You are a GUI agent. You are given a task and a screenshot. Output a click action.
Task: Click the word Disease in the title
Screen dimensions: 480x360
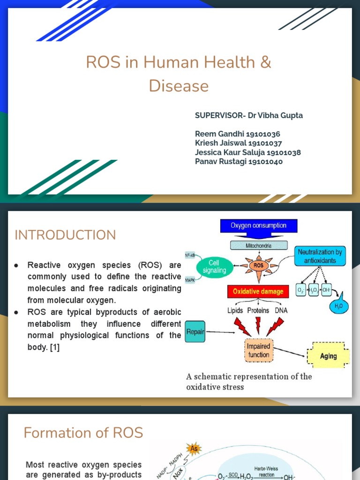(179, 86)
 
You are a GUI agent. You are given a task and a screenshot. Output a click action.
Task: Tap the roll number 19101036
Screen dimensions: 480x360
(264, 134)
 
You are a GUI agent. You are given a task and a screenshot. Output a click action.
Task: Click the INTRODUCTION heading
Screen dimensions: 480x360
(65, 235)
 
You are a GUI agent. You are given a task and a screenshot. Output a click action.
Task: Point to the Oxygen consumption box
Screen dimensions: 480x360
(258, 225)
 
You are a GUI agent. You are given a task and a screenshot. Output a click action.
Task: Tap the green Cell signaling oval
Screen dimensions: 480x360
(214, 266)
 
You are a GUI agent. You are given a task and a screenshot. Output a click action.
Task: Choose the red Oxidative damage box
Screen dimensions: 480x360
(258, 292)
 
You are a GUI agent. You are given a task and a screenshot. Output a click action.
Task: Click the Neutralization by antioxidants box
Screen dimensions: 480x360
(320, 256)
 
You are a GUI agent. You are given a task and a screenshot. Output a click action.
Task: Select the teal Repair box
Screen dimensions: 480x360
(195, 331)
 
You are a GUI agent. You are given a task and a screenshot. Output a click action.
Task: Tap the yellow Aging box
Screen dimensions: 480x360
(328, 356)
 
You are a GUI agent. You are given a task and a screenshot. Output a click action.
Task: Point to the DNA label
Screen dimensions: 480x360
(282, 310)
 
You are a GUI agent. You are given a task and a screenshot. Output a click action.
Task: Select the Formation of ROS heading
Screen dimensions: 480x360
(83, 433)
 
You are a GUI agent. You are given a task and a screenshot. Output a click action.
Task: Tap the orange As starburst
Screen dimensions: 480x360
(194, 449)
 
